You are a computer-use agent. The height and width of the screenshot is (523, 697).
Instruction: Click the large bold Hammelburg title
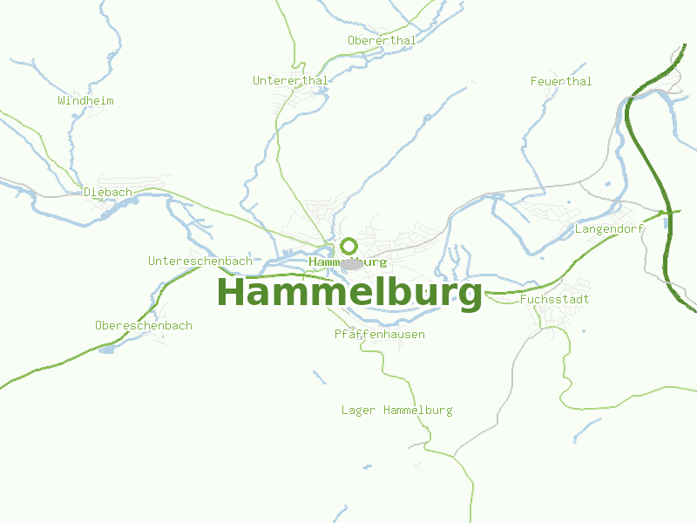point(348,292)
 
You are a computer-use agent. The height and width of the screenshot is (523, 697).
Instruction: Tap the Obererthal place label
point(382,40)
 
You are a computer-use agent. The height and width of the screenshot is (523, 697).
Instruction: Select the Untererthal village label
point(290,81)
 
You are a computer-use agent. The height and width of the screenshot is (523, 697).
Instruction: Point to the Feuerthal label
point(561,81)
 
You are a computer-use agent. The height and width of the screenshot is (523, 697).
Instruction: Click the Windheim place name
point(85,101)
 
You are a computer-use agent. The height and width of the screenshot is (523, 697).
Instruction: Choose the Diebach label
point(108,192)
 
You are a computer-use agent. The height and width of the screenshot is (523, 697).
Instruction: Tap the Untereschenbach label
point(200,261)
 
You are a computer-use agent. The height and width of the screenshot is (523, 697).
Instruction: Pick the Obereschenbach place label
point(143,326)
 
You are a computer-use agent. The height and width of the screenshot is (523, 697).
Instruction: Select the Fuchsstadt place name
point(554,300)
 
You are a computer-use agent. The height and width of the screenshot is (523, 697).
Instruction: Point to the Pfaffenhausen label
point(380,335)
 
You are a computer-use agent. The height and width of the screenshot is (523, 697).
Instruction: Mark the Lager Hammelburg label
point(396,411)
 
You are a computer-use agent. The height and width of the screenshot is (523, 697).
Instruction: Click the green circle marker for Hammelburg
point(348,246)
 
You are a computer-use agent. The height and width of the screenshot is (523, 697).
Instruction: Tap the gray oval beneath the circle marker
point(351,263)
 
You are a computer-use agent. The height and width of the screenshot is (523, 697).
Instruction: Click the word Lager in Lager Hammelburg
point(358,411)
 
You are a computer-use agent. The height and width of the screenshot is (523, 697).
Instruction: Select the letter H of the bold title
point(233,292)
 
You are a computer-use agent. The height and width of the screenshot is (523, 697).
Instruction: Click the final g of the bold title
point(469,295)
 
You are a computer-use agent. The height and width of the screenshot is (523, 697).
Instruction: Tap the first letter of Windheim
point(62,101)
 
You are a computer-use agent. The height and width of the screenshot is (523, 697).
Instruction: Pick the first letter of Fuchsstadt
point(523,300)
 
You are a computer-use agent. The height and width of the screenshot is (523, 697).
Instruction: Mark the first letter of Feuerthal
point(533,81)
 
